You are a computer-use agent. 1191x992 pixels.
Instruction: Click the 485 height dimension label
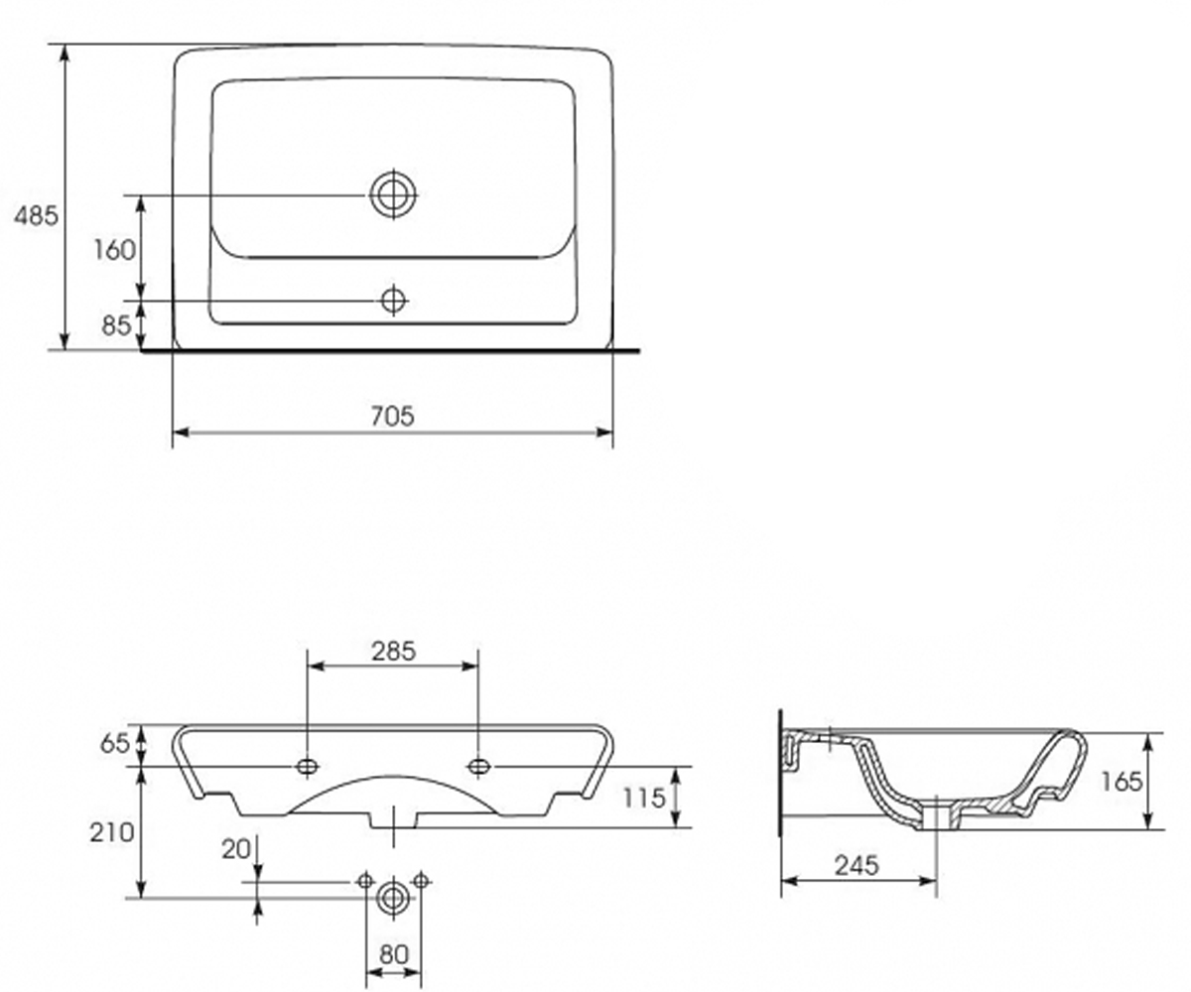click(x=36, y=216)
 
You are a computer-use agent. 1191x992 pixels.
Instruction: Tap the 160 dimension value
click(x=115, y=250)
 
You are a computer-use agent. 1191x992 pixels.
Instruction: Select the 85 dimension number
click(x=117, y=325)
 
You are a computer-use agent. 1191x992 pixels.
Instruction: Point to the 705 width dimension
click(x=392, y=416)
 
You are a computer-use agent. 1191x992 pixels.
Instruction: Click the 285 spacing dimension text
click(x=394, y=651)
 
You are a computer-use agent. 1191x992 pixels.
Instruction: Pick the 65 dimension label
click(x=115, y=744)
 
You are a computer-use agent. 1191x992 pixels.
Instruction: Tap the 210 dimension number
click(x=112, y=833)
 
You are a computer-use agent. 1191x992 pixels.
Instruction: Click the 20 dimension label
click(x=236, y=849)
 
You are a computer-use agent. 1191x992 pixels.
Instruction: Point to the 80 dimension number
click(x=394, y=953)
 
